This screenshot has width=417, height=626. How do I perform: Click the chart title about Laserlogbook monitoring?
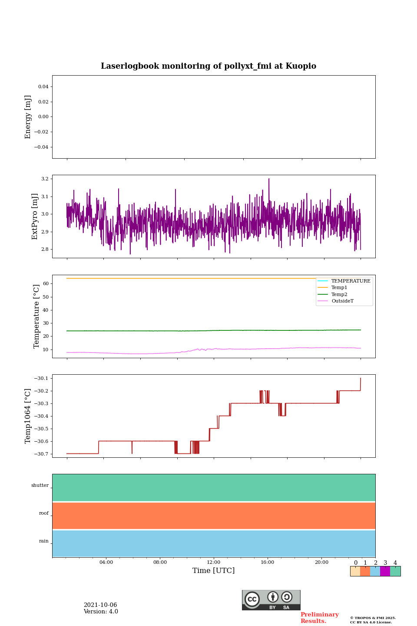(208, 66)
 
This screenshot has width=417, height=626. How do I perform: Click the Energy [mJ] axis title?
(28, 117)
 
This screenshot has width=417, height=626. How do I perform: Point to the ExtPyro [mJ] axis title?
(35, 216)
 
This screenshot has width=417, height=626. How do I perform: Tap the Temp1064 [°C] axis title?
(28, 416)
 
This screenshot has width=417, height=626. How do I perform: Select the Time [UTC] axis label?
(214, 570)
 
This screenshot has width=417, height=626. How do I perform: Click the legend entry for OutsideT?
(342, 301)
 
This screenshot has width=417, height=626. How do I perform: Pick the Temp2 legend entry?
(339, 294)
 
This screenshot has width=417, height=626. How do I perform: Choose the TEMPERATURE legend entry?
(351, 281)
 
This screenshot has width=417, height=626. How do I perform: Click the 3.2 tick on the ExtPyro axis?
(45, 179)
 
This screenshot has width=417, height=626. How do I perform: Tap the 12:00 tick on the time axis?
(214, 563)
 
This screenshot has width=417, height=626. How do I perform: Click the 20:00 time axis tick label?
(321, 563)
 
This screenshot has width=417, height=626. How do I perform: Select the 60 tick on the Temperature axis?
(46, 283)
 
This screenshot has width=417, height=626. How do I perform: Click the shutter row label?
(40, 486)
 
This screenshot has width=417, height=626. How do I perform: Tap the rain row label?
(44, 541)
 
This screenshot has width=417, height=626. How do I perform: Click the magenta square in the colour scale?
(385, 571)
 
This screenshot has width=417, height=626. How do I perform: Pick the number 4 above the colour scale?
(395, 563)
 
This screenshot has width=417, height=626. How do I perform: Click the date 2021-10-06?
(100, 605)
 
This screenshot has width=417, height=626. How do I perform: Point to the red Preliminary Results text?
(319, 618)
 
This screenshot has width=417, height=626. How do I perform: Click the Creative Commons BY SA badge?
(271, 600)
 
